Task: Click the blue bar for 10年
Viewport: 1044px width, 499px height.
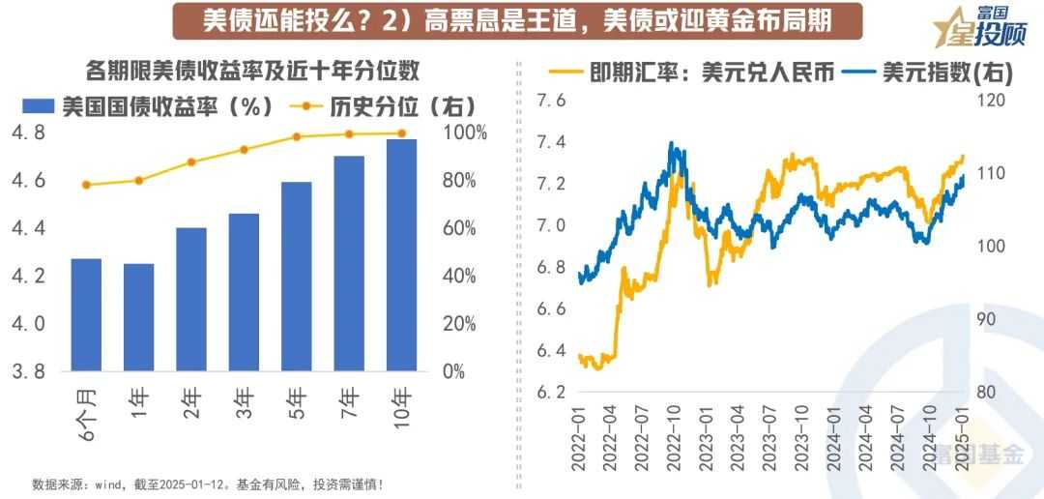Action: click(401, 255)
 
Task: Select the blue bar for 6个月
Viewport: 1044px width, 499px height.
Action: click(86, 314)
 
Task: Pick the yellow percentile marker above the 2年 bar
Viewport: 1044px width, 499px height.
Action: click(191, 162)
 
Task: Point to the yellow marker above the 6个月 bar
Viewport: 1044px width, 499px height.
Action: click(86, 185)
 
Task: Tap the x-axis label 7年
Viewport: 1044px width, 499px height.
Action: click(350, 399)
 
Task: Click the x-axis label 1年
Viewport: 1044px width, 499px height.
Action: click(139, 399)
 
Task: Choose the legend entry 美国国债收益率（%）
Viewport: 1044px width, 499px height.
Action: click(159, 105)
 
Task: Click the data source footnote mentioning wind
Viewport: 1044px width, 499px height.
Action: click(209, 484)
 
